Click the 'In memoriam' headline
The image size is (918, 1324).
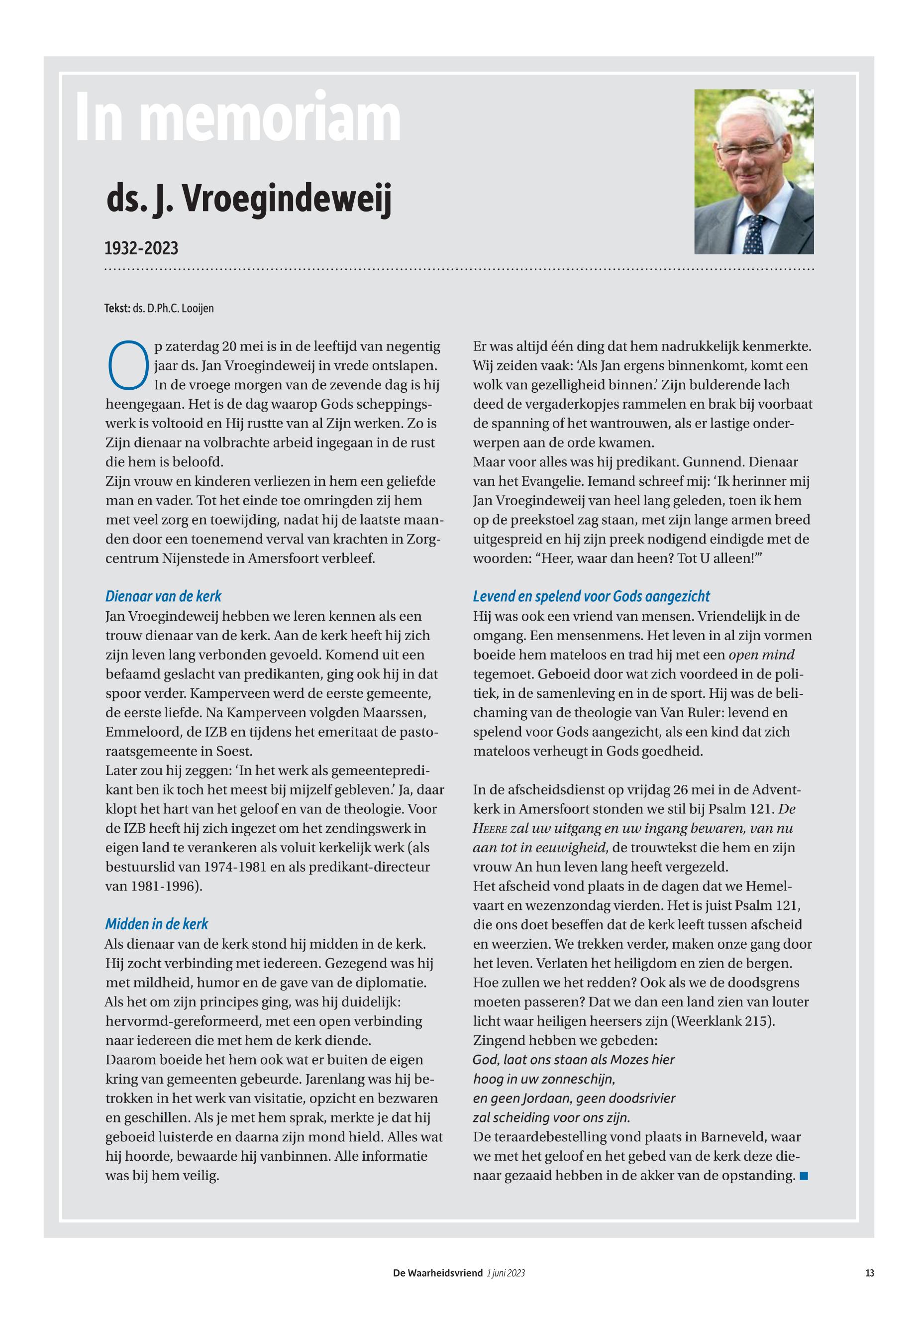(x=238, y=118)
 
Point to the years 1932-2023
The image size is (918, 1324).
(x=141, y=248)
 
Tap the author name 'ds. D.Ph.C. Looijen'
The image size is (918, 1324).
(x=173, y=309)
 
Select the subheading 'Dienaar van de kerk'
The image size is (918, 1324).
(x=163, y=596)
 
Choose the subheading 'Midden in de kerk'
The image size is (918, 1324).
(x=156, y=924)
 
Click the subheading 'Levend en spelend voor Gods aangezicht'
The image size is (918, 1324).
(x=591, y=596)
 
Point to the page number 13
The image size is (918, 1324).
(x=869, y=1273)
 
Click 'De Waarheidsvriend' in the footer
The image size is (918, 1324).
(x=438, y=1273)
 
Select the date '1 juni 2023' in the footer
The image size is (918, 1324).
(x=506, y=1273)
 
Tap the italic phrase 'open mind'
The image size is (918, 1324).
(x=762, y=655)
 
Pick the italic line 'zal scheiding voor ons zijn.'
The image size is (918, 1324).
(x=551, y=1117)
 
